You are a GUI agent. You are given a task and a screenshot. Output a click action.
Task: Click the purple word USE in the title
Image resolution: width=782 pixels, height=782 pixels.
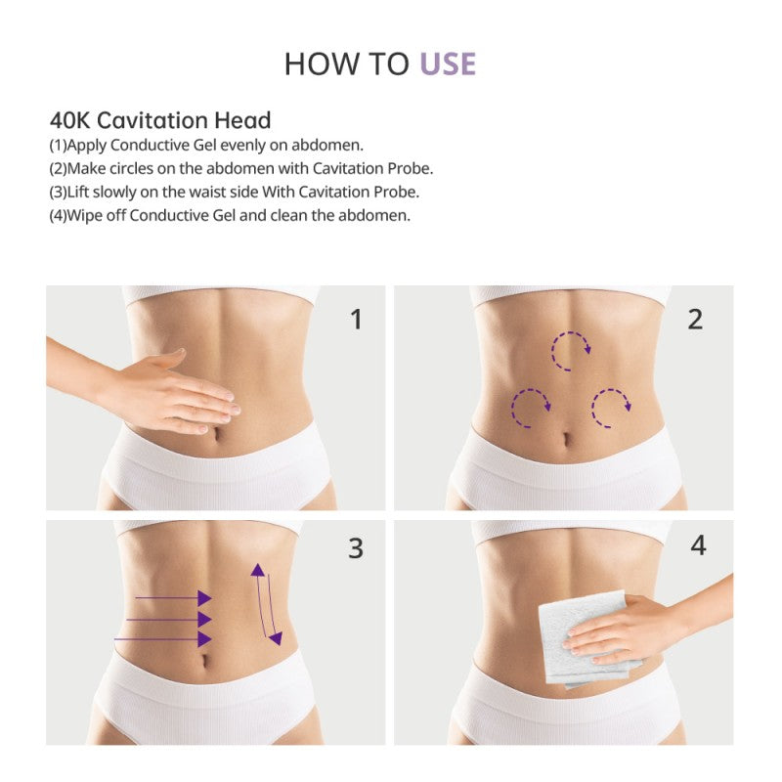tap(448, 65)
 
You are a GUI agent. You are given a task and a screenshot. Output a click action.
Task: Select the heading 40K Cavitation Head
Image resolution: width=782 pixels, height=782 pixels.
tap(160, 120)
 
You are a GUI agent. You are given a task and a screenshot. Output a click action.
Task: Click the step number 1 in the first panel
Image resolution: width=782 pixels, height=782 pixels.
tap(356, 319)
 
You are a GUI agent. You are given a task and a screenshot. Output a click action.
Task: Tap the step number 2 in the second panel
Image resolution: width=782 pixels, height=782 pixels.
tap(695, 319)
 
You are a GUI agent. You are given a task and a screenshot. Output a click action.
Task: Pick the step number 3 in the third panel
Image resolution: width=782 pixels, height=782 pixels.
tap(356, 548)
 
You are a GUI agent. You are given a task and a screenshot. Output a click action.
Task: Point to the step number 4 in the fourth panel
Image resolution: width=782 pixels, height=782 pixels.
tap(698, 545)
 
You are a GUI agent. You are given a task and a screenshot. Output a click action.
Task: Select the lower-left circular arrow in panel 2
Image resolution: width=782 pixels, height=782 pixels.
tap(529, 407)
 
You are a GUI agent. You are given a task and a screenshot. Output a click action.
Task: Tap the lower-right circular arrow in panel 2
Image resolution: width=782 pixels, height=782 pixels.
tap(610, 407)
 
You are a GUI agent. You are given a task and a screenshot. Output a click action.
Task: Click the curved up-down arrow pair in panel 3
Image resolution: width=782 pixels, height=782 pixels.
tap(266, 604)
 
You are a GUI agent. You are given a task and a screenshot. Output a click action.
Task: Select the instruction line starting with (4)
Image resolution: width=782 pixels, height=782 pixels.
tap(230, 215)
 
